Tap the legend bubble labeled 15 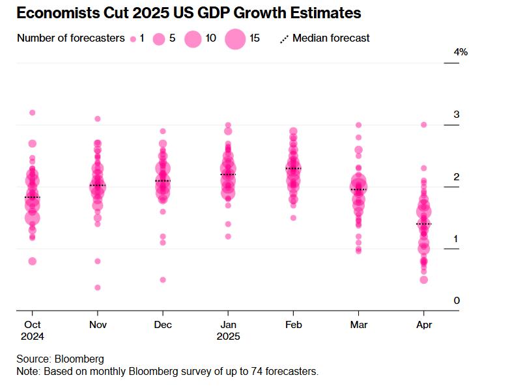[x=235, y=39]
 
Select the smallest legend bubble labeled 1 [x=133, y=39]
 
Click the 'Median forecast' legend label [x=331, y=38]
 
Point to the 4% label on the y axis [x=460, y=52]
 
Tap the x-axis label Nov [x=97, y=324]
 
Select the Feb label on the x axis [x=293, y=324]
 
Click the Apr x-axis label [x=423, y=324]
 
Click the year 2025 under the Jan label [x=228, y=337]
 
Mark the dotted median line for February [x=293, y=169]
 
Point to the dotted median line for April [x=423, y=224]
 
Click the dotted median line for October [x=32, y=197]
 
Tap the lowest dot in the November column [x=98, y=287]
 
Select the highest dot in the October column [x=33, y=113]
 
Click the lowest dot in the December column [x=163, y=280]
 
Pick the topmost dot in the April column [x=423, y=124]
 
